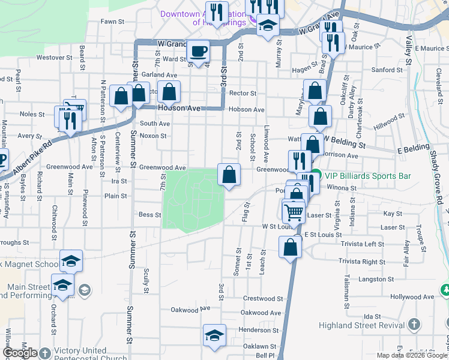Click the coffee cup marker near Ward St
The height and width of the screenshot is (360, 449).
199,52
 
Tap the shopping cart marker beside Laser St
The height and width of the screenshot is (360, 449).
294,211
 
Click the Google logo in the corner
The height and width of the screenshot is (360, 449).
20,353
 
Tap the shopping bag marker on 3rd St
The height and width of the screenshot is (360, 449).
229,175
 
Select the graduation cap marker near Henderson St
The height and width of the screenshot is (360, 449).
214,336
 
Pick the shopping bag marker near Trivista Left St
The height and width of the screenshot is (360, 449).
291,247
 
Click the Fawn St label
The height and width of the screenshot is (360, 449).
112,21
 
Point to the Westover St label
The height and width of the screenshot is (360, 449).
50,58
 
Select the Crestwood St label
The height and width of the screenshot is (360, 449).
263,298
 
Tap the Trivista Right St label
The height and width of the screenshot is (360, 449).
361,262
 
